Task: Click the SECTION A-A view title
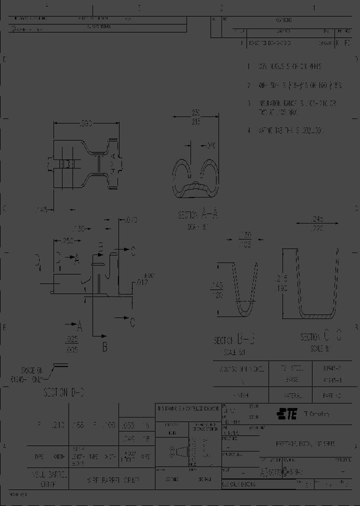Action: click(x=198, y=215)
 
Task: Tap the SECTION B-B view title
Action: click(x=235, y=340)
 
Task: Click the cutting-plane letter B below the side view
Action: click(x=104, y=346)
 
